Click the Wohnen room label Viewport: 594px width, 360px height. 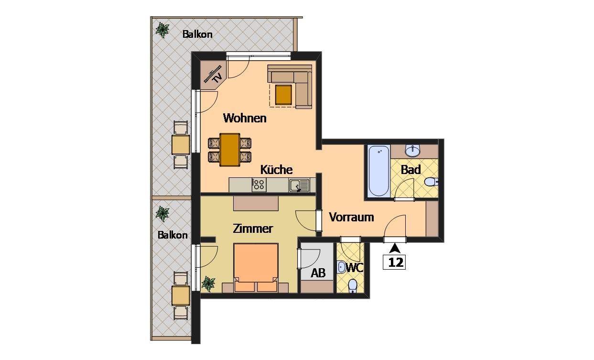(x=245, y=118)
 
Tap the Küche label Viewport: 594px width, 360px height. (x=276, y=170)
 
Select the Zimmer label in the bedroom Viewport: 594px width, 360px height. (x=253, y=229)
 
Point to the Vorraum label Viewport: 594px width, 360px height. (x=351, y=217)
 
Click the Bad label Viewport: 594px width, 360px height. (x=410, y=170)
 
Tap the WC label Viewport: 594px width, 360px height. (x=355, y=268)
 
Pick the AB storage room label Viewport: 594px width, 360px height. (x=318, y=273)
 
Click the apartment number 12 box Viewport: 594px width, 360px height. (x=394, y=262)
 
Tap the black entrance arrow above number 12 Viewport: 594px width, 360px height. (x=395, y=248)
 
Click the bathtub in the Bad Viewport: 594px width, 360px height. (x=379, y=171)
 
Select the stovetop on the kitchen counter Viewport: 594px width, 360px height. (x=259, y=185)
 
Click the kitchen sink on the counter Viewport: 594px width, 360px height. (x=299, y=185)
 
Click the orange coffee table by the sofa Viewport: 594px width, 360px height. (x=283, y=95)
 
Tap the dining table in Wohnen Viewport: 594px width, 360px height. (x=230, y=150)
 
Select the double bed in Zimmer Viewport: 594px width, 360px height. (x=256, y=267)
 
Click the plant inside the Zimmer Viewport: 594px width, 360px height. (x=208, y=284)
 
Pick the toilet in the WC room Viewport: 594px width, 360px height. (x=352, y=286)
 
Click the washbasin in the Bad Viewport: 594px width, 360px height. (x=412, y=151)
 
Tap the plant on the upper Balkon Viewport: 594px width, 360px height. (x=162, y=30)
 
